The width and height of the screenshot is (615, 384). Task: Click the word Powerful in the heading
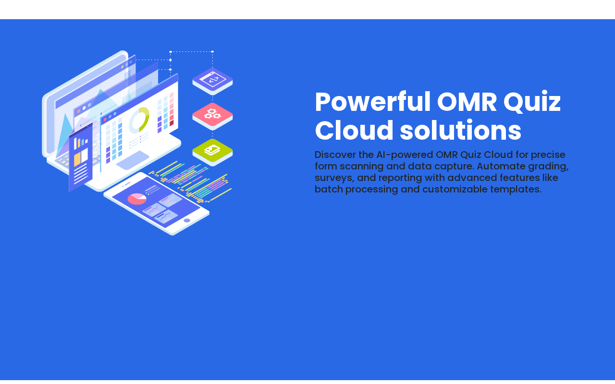pyautogui.click(x=372, y=102)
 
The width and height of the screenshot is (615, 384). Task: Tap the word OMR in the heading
pyautogui.click(x=467, y=102)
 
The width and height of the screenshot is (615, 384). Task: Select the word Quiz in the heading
pyautogui.click(x=532, y=102)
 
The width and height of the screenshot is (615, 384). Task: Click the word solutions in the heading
pyautogui.click(x=460, y=131)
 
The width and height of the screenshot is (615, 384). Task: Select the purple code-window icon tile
pyautogui.click(x=212, y=81)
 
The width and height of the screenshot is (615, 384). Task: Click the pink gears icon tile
pyautogui.click(x=212, y=116)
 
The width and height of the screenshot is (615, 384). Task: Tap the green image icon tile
pyautogui.click(x=212, y=151)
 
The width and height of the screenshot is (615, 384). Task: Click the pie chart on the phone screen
pyautogui.click(x=137, y=199)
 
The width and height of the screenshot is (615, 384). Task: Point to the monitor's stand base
pyautogui.click(x=132, y=160)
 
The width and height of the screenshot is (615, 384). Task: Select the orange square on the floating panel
pyautogui.click(x=77, y=159)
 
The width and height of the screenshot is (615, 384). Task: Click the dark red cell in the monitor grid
pyautogui.click(x=172, y=123)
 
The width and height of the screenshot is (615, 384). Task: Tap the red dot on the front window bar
pyautogui.click(x=105, y=120)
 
